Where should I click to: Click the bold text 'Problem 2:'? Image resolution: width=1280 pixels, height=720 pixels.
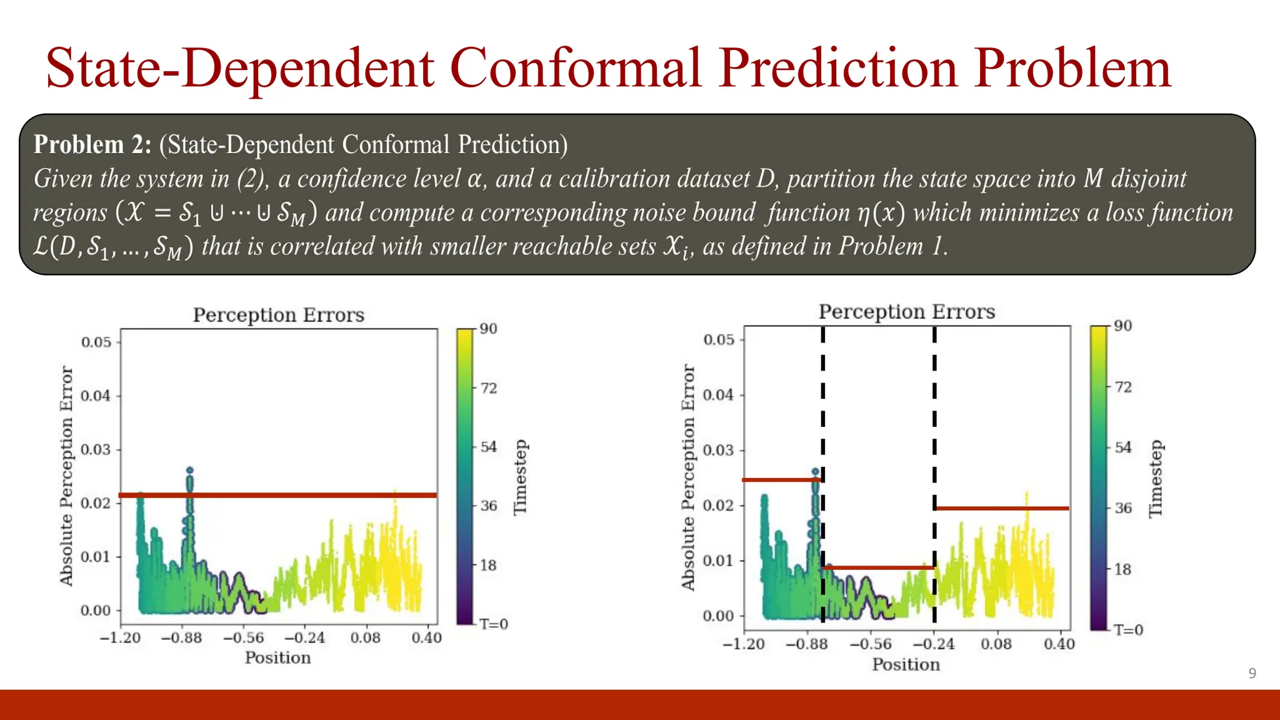coord(92,144)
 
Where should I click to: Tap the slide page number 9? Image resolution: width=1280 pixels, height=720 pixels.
coord(1252,673)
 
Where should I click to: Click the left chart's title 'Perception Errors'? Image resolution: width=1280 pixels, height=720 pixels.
coord(278,314)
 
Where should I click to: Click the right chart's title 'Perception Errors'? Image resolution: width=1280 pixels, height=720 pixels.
coord(906,311)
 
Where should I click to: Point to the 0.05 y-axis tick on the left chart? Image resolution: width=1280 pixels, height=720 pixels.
coord(96,342)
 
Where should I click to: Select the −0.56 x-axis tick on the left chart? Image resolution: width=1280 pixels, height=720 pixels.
coord(244,637)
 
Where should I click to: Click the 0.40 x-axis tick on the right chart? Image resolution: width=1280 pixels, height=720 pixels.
coord(1059,644)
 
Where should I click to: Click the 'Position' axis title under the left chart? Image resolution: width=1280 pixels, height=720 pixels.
coord(277,657)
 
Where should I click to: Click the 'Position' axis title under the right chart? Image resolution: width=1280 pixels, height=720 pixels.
coord(906,664)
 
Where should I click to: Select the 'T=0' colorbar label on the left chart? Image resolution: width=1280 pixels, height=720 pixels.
coord(494,624)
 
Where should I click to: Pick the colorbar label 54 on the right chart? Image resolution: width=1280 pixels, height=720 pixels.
coord(1123,447)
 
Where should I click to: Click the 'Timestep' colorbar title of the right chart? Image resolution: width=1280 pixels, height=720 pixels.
coord(1156,479)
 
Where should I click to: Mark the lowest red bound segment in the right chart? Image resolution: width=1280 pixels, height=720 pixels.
coord(878,567)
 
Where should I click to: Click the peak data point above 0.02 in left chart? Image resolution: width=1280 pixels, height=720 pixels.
coord(190,470)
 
